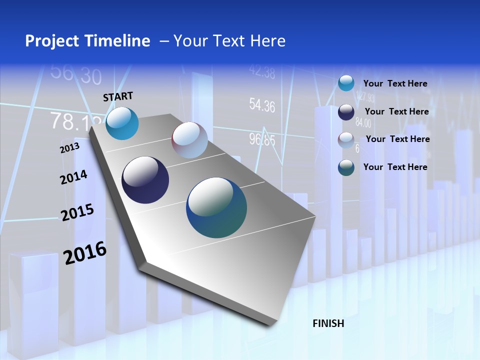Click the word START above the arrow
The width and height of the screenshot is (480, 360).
(118, 96)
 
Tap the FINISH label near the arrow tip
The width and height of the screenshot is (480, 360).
(328, 323)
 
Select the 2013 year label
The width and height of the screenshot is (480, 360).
(70, 147)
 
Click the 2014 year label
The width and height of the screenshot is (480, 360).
(73, 177)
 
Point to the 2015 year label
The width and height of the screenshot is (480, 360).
(77, 212)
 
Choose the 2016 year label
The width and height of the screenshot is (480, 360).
(85, 252)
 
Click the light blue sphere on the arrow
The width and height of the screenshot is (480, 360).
(122, 123)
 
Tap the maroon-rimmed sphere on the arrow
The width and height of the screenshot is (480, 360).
(189, 140)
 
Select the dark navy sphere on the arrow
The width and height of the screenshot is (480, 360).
(145, 180)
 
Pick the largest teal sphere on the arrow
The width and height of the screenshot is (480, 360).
(216, 207)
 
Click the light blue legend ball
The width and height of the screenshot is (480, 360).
(346, 83)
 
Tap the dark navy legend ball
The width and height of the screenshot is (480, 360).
(346, 112)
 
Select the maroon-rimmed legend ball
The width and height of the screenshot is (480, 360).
(346, 140)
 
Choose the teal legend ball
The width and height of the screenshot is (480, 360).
(346, 167)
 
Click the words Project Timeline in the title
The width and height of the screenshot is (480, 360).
(87, 41)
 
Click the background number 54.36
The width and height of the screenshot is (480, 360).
(262, 105)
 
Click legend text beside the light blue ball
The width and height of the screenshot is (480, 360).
(395, 83)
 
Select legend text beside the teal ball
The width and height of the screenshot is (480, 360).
(395, 167)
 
